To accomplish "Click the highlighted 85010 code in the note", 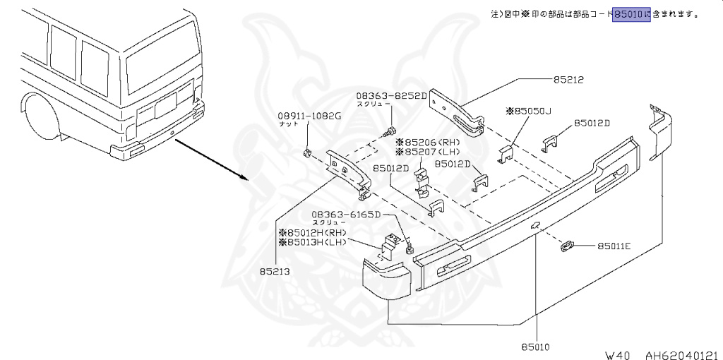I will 631,13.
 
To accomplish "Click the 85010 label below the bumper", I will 535,347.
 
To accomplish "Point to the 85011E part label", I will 614,246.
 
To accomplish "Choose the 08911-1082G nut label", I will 309,116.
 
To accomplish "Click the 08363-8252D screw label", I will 391,95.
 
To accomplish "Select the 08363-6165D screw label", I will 347,214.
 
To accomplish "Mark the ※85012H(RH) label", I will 312,232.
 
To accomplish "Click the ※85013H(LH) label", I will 312,242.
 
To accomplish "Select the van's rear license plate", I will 165,106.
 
